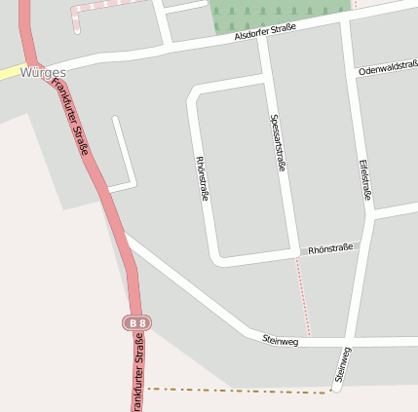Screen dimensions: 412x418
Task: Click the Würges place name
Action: pyautogui.click(x=42, y=73)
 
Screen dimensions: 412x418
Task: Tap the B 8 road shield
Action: pyautogui.click(x=137, y=321)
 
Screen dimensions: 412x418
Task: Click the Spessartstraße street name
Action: pyautogui.click(x=276, y=142)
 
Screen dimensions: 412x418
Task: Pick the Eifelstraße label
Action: pyautogui.click(x=364, y=178)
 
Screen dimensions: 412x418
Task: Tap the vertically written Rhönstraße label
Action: pyautogui.click(x=203, y=177)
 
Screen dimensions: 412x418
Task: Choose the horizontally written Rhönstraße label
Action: pyautogui.click(x=329, y=250)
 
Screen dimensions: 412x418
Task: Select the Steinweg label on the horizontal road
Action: pyautogui.click(x=281, y=340)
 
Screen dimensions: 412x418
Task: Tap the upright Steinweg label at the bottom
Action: pyautogui.click(x=342, y=364)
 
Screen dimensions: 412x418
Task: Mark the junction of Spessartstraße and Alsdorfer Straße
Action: pyautogui.click(x=263, y=40)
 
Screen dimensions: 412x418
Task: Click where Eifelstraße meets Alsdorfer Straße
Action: pyautogui.click(x=345, y=23)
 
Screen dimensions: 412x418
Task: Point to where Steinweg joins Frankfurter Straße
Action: pyautogui.click(x=126, y=237)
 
